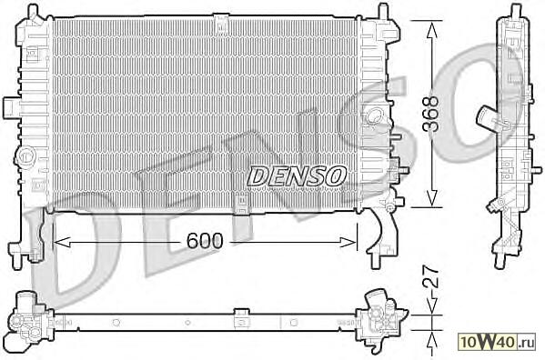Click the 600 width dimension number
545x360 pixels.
pyautogui.click(x=205, y=241)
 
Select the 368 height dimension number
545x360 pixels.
pyautogui.click(x=431, y=114)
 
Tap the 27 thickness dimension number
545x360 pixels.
pyautogui.click(x=431, y=276)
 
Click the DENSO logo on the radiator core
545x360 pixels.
pyautogui.click(x=297, y=175)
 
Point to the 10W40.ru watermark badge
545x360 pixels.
pyautogui.click(x=497, y=342)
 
